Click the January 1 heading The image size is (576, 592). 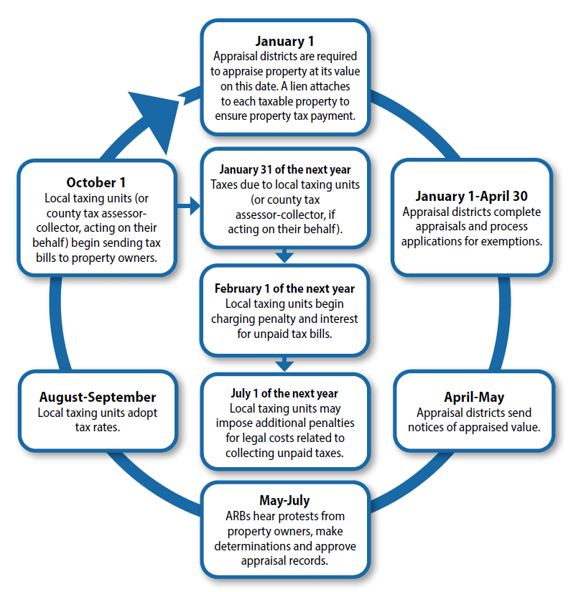click(x=285, y=41)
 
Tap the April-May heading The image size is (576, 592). click(x=474, y=397)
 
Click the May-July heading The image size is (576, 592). click(x=285, y=500)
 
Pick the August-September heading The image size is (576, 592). click(x=98, y=397)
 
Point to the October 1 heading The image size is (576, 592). click(x=96, y=182)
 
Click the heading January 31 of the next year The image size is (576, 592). click(x=285, y=169)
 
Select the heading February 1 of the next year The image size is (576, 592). click(x=285, y=288)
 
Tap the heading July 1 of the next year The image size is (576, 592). click(x=285, y=393)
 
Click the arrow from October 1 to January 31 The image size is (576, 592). click(x=188, y=207)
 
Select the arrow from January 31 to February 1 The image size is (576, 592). click(x=285, y=255)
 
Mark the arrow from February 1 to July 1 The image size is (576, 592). click(x=285, y=364)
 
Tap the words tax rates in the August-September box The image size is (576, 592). click(x=98, y=427)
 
